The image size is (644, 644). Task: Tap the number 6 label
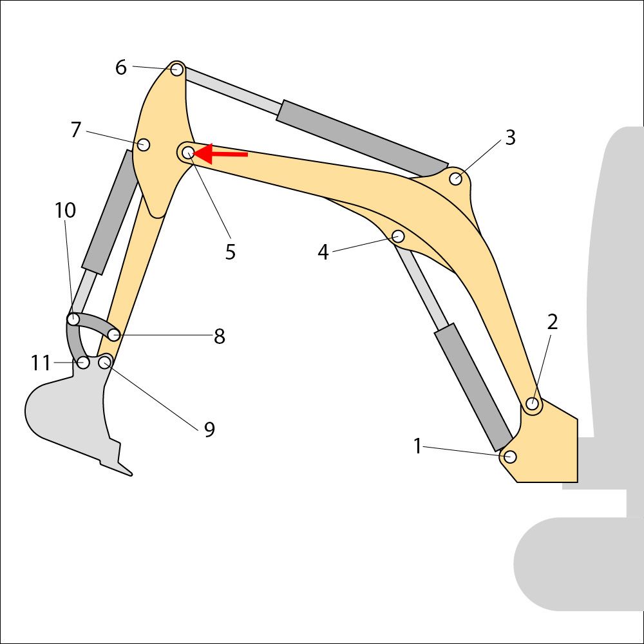121,68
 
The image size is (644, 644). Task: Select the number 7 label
75,130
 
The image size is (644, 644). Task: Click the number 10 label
65,211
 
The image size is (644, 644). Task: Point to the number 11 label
41,363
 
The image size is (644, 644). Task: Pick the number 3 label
510,138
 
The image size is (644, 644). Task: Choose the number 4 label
323,252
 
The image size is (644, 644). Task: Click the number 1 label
418,446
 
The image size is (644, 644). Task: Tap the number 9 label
209,430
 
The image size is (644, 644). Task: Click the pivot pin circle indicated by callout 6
177,70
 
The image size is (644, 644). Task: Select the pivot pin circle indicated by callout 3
455,179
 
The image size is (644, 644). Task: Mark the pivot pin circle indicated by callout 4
399,236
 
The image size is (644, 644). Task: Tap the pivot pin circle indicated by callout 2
533,404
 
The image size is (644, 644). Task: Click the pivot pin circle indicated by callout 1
510,457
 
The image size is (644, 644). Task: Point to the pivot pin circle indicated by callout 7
144,144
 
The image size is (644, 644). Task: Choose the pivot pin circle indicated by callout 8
114,335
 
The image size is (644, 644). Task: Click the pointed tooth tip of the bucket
131,475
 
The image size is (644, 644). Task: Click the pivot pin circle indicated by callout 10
73,319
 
